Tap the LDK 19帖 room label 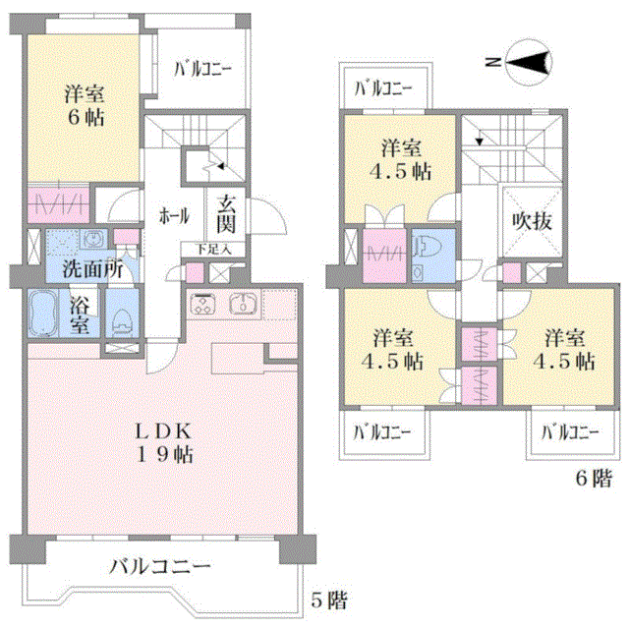click(x=164, y=443)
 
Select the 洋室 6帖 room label click(x=85, y=106)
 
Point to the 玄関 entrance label click(x=226, y=214)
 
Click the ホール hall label click(x=174, y=216)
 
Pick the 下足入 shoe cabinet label click(x=214, y=250)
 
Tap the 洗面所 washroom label click(x=92, y=269)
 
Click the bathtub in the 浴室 click(x=43, y=313)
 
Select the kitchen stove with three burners click(x=202, y=304)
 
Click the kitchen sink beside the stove click(x=243, y=304)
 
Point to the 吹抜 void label click(x=533, y=220)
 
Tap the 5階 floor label click(x=329, y=600)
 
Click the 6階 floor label click(x=594, y=478)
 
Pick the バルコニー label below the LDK click(x=160, y=566)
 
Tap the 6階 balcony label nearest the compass click(x=382, y=88)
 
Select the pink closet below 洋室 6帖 click(x=58, y=204)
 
